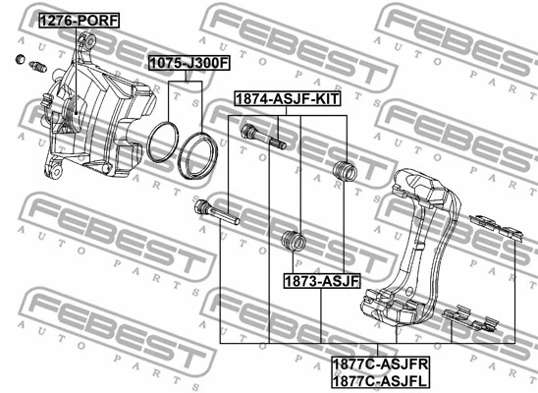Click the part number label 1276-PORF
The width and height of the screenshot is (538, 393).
pyautogui.click(x=79, y=21)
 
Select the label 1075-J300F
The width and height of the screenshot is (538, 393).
pyautogui.click(x=189, y=63)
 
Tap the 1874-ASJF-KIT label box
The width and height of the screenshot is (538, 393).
pyautogui.click(x=288, y=99)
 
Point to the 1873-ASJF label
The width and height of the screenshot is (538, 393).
pyautogui.click(x=322, y=281)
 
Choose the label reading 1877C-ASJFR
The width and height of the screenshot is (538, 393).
pyautogui.click(x=381, y=365)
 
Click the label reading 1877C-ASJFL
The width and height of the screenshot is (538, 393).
pyautogui.click(x=380, y=380)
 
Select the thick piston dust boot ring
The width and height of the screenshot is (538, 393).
pyautogui.click(x=197, y=155)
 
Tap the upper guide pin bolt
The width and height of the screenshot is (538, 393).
pyautogui.click(x=263, y=137)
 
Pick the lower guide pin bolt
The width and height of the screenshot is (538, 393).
pyautogui.click(x=217, y=212)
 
